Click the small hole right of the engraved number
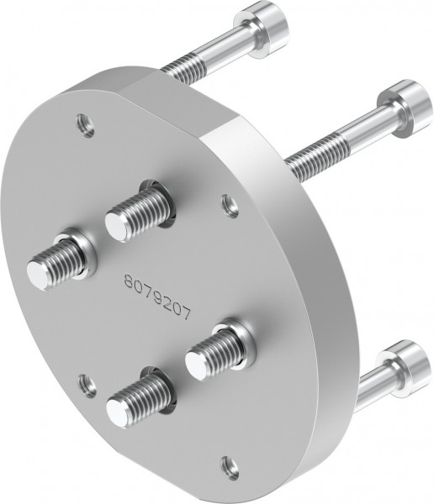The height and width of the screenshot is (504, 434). pos(226,202)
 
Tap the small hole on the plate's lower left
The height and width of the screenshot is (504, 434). pos(85,384)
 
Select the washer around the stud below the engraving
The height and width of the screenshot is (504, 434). pos(236,335)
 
